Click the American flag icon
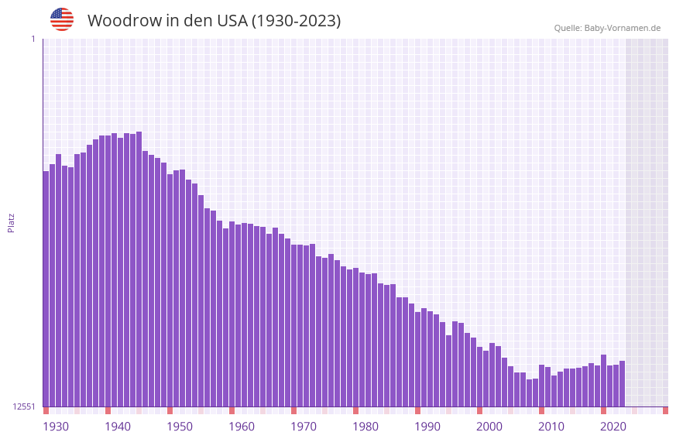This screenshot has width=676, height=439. click(x=62, y=19)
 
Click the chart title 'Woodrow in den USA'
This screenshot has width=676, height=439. click(x=214, y=21)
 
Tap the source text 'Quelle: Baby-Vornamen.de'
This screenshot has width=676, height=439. click(x=607, y=28)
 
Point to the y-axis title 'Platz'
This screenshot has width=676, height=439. click(x=11, y=222)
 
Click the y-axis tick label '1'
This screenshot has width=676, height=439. click(x=33, y=39)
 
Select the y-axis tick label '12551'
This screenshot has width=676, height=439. click(x=24, y=406)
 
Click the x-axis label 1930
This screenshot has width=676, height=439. click(x=56, y=427)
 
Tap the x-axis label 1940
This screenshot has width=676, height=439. click(x=118, y=427)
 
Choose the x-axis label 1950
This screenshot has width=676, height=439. click(x=180, y=427)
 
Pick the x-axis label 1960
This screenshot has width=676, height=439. click(x=242, y=427)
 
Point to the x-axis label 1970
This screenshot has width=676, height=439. click(x=304, y=427)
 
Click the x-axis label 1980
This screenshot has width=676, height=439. click(x=365, y=427)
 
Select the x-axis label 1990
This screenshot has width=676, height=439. click(x=427, y=427)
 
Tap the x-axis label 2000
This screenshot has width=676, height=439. click(x=489, y=427)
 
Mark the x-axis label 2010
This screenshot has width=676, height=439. click(x=551, y=427)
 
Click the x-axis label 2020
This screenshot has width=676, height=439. click(x=613, y=427)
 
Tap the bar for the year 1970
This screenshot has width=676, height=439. click(x=293, y=325)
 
